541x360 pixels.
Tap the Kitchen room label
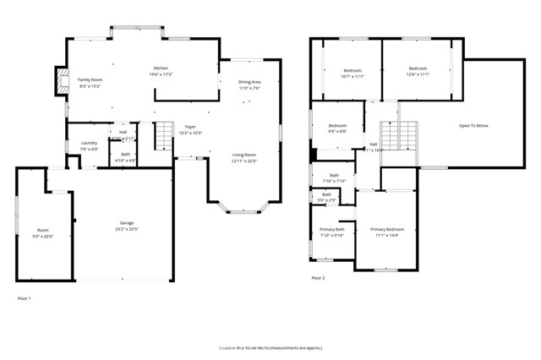point(161,68)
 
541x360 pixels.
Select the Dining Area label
point(249,82)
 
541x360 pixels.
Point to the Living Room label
point(244,155)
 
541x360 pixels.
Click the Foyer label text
point(190,127)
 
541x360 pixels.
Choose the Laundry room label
point(90,143)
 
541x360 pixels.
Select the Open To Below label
point(473,126)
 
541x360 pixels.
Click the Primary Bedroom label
point(387,229)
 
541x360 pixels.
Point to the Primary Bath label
point(332,230)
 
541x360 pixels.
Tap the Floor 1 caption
point(25,298)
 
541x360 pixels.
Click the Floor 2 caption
point(318,277)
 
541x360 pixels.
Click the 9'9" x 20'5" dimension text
point(42,236)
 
